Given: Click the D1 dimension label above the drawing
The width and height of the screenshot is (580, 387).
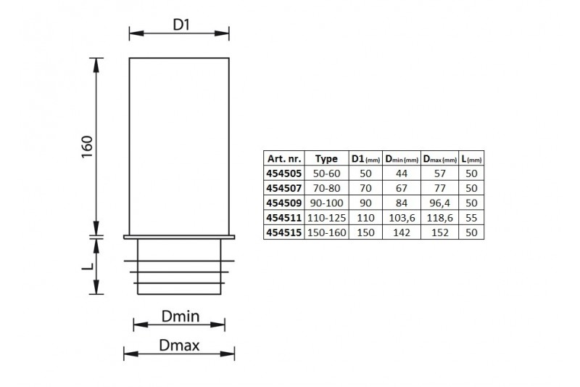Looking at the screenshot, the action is [x=181, y=25].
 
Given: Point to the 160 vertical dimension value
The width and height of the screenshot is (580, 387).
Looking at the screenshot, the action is [x=87, y=147].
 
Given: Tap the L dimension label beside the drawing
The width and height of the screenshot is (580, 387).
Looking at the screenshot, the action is [x=88, y=266].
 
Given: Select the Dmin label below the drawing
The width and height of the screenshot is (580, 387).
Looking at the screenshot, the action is [x=181, y=317].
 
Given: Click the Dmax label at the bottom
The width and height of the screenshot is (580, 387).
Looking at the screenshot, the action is [x=179, y=346].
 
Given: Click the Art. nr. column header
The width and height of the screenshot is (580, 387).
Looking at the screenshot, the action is [x=284, y=158].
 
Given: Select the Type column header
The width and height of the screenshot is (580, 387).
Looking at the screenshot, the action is [x=326, y=159].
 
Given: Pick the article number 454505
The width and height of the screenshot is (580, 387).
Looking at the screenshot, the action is [x=284, y=174].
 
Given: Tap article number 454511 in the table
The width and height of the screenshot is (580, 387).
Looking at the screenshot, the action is [x=284, y=218].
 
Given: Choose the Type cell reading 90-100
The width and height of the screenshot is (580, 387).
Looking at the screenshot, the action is [x=327, y=203].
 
